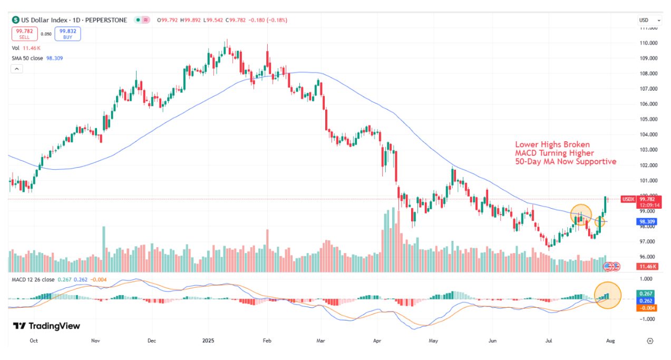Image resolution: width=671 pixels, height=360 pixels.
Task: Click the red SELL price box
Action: [24, 34]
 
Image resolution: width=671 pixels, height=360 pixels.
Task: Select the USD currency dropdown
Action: [646, 20]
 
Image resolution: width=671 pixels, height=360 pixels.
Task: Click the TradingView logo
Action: [46, 326]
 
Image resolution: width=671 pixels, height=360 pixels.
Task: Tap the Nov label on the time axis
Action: [95, 341]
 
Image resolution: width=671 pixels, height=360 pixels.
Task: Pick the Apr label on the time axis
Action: [377, 341]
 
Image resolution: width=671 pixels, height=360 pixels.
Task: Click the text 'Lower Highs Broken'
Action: [552, 144]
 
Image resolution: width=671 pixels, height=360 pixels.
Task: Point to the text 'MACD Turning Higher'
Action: [555, 153]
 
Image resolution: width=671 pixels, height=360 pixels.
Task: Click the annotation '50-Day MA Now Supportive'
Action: [565, 162]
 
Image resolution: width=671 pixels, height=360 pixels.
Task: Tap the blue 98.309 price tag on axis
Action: [646, 222]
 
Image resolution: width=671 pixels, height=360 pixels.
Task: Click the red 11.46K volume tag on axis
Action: [646, 267]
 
